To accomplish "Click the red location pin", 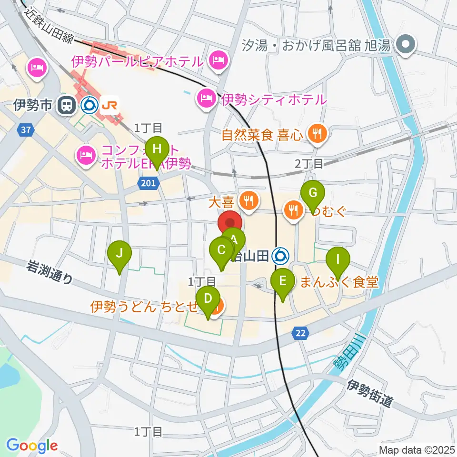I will pos(230,223).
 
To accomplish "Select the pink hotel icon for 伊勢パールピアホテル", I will pos(218,60).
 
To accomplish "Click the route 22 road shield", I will pos(299,334).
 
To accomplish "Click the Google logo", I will pos(32,445).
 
